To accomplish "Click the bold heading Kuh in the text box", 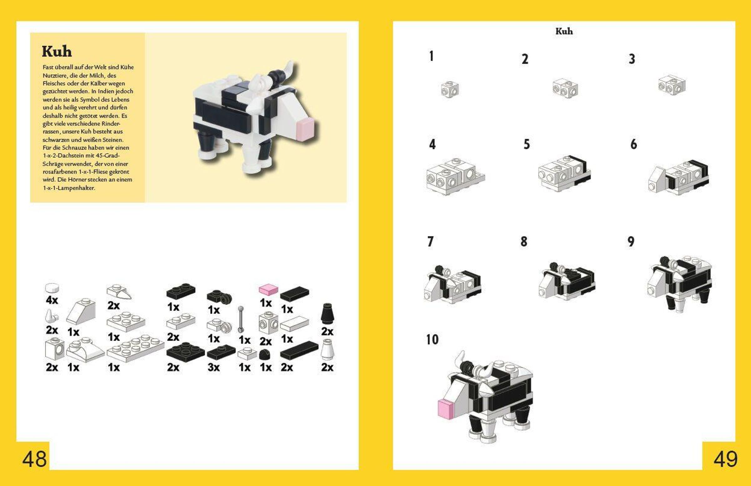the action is [57, 51].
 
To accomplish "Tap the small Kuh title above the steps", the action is [564, 31].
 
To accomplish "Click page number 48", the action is [34, 459].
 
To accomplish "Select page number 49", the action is [725, 459].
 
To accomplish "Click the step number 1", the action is [431, 56].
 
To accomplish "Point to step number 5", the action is [527, 144].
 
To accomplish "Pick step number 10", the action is [432, 340].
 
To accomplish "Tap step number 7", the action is [430, 242].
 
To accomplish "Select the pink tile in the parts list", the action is [268, 289].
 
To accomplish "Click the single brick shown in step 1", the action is [450, 90].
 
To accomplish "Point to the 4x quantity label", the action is [52, 300].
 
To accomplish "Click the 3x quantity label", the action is [214, 367].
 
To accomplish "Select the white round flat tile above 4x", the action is [52, 288].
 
